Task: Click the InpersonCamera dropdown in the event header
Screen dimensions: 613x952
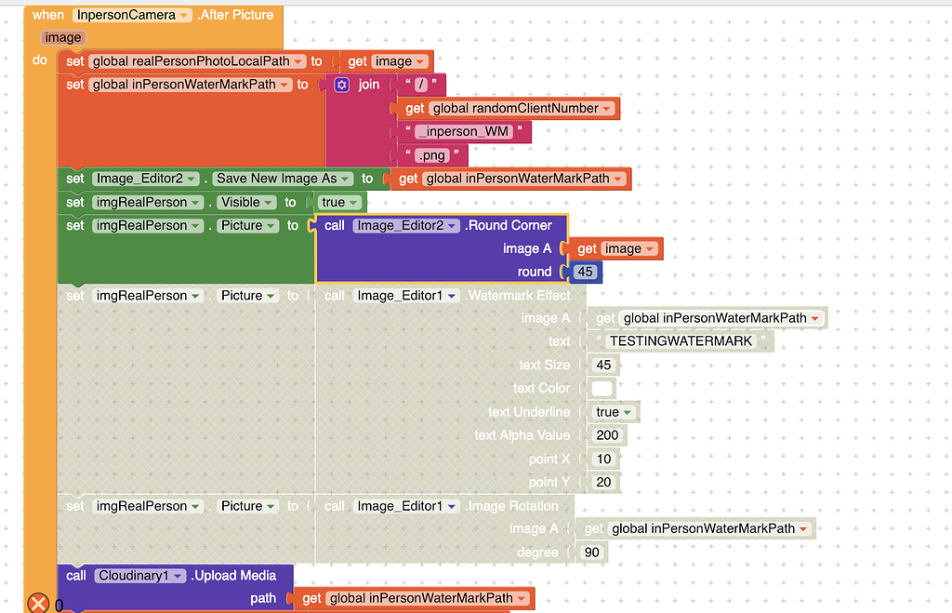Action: pyautogui.click(x=132, y=15)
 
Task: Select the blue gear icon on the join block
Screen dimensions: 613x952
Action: pyautogui.click(x=341, y=85)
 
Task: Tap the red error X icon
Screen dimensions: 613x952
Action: pyautogui.click(x=38, y=604)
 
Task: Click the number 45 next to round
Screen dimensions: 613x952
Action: pyautogui.click(x=585, y=272)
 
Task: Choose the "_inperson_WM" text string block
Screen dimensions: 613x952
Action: pyautogui.click(x=463, y=131)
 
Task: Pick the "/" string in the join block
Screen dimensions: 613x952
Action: pyautogui.click(x=420, y=85)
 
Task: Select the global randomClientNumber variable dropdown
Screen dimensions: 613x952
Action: pyautogui.click(x=522, y=108)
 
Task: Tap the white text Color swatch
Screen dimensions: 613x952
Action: pyautogui.click(x=602, y=388)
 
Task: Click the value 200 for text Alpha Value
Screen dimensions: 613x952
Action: pyautogui.click(x=607, y=434)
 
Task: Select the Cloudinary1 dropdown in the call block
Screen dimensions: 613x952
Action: pyautogui.click(x=139, y=576)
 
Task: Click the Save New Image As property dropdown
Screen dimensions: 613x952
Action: pyautogui.click(x=283, y=179)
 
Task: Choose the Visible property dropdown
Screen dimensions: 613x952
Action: pyautogui.click(x=245, y=202)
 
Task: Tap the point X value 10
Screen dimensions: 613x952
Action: pyautogui.click(x=604, y=459)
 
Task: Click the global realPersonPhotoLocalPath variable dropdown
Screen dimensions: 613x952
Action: pyautogui.click(x=198, y=61)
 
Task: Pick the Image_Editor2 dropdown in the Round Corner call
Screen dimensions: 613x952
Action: pyautogui.click(x=406, y=225)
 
